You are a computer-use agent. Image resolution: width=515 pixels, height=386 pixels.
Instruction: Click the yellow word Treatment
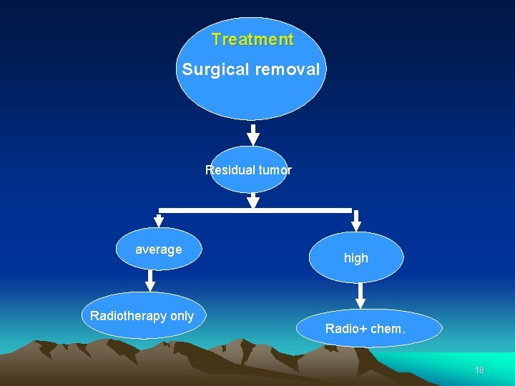[x=252, y=40]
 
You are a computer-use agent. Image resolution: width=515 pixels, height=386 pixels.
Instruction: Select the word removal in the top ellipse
[x=287, y=70]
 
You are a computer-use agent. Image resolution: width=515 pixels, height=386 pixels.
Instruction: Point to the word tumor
[x=275, y=170]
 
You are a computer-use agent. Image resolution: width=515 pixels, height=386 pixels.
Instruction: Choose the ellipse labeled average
[x=159, y=249]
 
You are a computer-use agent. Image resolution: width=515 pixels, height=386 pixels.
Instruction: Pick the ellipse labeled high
[x=356, y=258]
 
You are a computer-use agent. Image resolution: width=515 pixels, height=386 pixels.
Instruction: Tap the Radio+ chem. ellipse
[x=366, y=329]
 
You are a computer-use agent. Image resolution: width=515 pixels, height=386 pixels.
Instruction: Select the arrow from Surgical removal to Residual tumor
[x=252, y=134]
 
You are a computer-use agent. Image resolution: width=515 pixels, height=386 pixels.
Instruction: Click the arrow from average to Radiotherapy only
[x=150, y=280]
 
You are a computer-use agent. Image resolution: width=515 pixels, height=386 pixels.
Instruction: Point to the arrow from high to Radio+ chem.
[x=360, y=295]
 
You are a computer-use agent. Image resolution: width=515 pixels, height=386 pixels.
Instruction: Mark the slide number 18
[x=479, y=370]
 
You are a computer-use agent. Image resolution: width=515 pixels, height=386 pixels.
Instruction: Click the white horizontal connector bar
[x=255, y=210]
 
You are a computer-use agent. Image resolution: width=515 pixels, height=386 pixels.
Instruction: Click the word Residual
[x=229, y=170]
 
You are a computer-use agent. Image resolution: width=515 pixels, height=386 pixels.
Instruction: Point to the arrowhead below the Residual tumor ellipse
[x=252, y=202]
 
